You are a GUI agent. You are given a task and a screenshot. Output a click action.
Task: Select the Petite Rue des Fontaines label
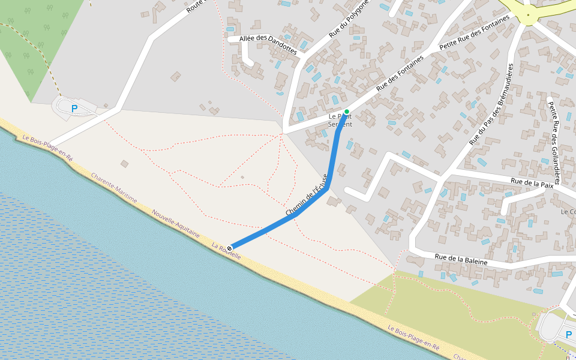(x=475, y=32)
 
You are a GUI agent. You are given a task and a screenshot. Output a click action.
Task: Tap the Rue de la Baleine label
(x=461, y=260)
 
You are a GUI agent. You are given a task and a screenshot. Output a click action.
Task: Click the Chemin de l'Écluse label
(x=307, y=196)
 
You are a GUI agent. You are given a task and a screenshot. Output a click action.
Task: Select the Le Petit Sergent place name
(x=340, y=120)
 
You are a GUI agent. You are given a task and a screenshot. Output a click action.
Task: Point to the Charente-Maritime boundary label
(x=115, y=188)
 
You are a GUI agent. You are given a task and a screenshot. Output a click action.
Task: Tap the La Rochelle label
(x=226, y=251)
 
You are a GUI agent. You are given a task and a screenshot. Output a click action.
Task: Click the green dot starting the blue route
(x=347, y=112)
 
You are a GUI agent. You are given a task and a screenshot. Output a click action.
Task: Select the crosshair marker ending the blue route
(x=230, y=248)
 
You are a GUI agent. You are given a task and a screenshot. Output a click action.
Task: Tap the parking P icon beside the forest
(x=74, y=109)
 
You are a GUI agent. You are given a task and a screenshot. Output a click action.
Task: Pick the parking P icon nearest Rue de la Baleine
(x=569, y=335)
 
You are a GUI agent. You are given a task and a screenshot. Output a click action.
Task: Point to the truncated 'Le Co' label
(x=568, y=212)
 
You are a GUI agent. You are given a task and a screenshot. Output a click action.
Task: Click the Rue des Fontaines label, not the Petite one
(x=400, y=73)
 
